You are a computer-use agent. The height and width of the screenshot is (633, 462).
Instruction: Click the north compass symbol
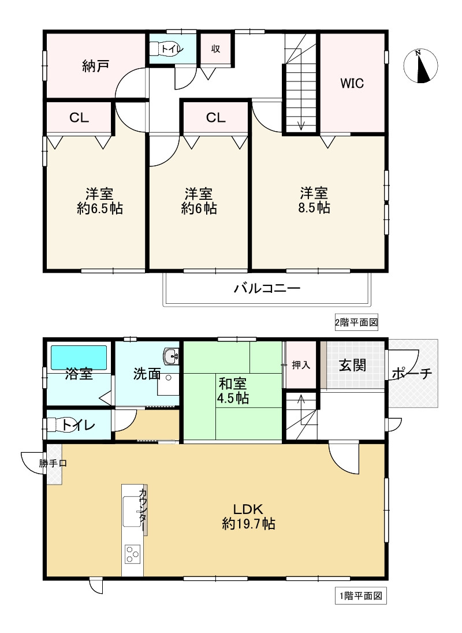click(424, 66)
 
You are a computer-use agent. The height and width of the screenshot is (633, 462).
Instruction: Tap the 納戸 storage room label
click(95, 66)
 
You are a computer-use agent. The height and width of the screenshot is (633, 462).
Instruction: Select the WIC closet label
click(351, 83)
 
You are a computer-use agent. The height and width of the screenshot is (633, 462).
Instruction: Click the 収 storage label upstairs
click(215, 49)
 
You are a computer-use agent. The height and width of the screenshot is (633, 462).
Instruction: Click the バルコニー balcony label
click(267, 288)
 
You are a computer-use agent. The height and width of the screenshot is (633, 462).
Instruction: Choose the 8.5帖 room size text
click(315, 208)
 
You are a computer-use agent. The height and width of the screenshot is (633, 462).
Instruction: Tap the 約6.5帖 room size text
click(99, 208)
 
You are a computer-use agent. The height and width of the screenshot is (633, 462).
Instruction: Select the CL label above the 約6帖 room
click(215, 118)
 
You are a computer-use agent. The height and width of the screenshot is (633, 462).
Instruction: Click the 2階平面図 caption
click(356, 322)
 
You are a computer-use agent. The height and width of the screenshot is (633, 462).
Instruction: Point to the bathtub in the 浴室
click(79, 357)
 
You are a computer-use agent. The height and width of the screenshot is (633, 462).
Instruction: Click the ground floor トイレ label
click(79, 426)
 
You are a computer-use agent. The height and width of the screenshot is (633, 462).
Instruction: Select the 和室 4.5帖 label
click(233, 390)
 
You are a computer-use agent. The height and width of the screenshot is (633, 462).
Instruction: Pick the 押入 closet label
click(300, 365)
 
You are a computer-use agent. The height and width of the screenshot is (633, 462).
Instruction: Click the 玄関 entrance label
click(352, 365)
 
